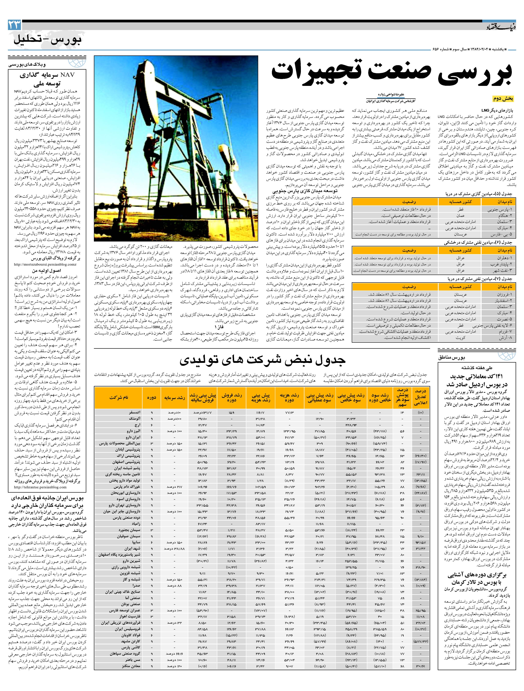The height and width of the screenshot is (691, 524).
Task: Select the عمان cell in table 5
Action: tap(460, 216)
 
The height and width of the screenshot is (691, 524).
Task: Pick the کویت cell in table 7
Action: tap(460, 338)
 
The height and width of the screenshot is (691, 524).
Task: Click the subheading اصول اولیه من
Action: tap(44, 271)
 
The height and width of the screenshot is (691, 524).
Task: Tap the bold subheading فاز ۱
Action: tap(219, 326)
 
